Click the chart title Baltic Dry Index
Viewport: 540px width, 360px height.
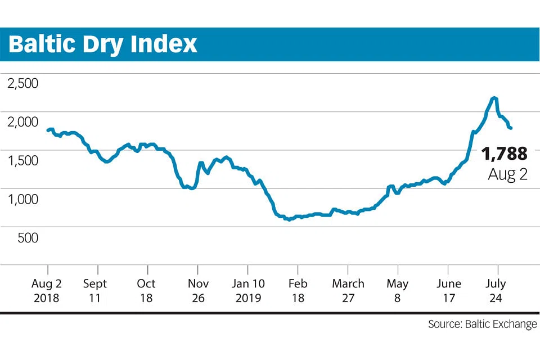coord(103,44)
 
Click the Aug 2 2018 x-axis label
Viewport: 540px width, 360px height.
coord(47,290)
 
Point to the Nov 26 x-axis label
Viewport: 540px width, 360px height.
coord(198,290)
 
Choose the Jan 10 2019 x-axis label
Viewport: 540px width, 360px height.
coord(247,290)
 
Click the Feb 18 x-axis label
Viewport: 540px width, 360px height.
coord(298,290)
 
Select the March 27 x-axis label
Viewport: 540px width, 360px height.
coord(348,290)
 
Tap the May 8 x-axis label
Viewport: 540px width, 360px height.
coord(398,290)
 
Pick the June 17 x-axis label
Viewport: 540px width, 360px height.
coord(448,290)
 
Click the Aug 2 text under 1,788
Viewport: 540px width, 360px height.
coord(507,174)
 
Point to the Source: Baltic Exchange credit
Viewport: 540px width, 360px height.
coord(482,325)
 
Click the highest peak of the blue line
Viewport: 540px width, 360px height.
coord(494,98)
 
